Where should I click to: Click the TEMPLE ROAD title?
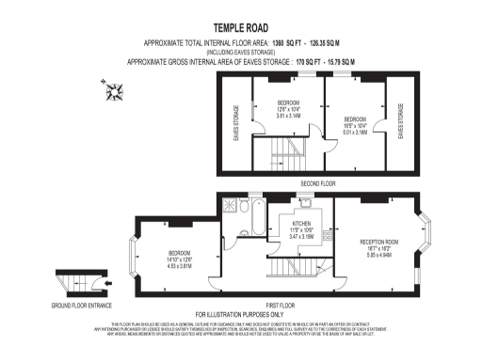pyautogui.click(x=240, y=29)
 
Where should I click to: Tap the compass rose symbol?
pyautogui.click(x=116, y=92)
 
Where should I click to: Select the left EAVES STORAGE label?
pyautogui.click(x=235, y=122)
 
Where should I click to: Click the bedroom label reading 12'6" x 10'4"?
pyautogui.click(x=288, y=109)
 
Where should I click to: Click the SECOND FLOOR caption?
pyautogui.click(x=317, y=182)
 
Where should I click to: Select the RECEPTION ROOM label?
pyautogui.click(x=380, y=247)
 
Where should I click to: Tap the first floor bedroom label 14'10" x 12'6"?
pyautogui.click(x=181, y=259)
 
